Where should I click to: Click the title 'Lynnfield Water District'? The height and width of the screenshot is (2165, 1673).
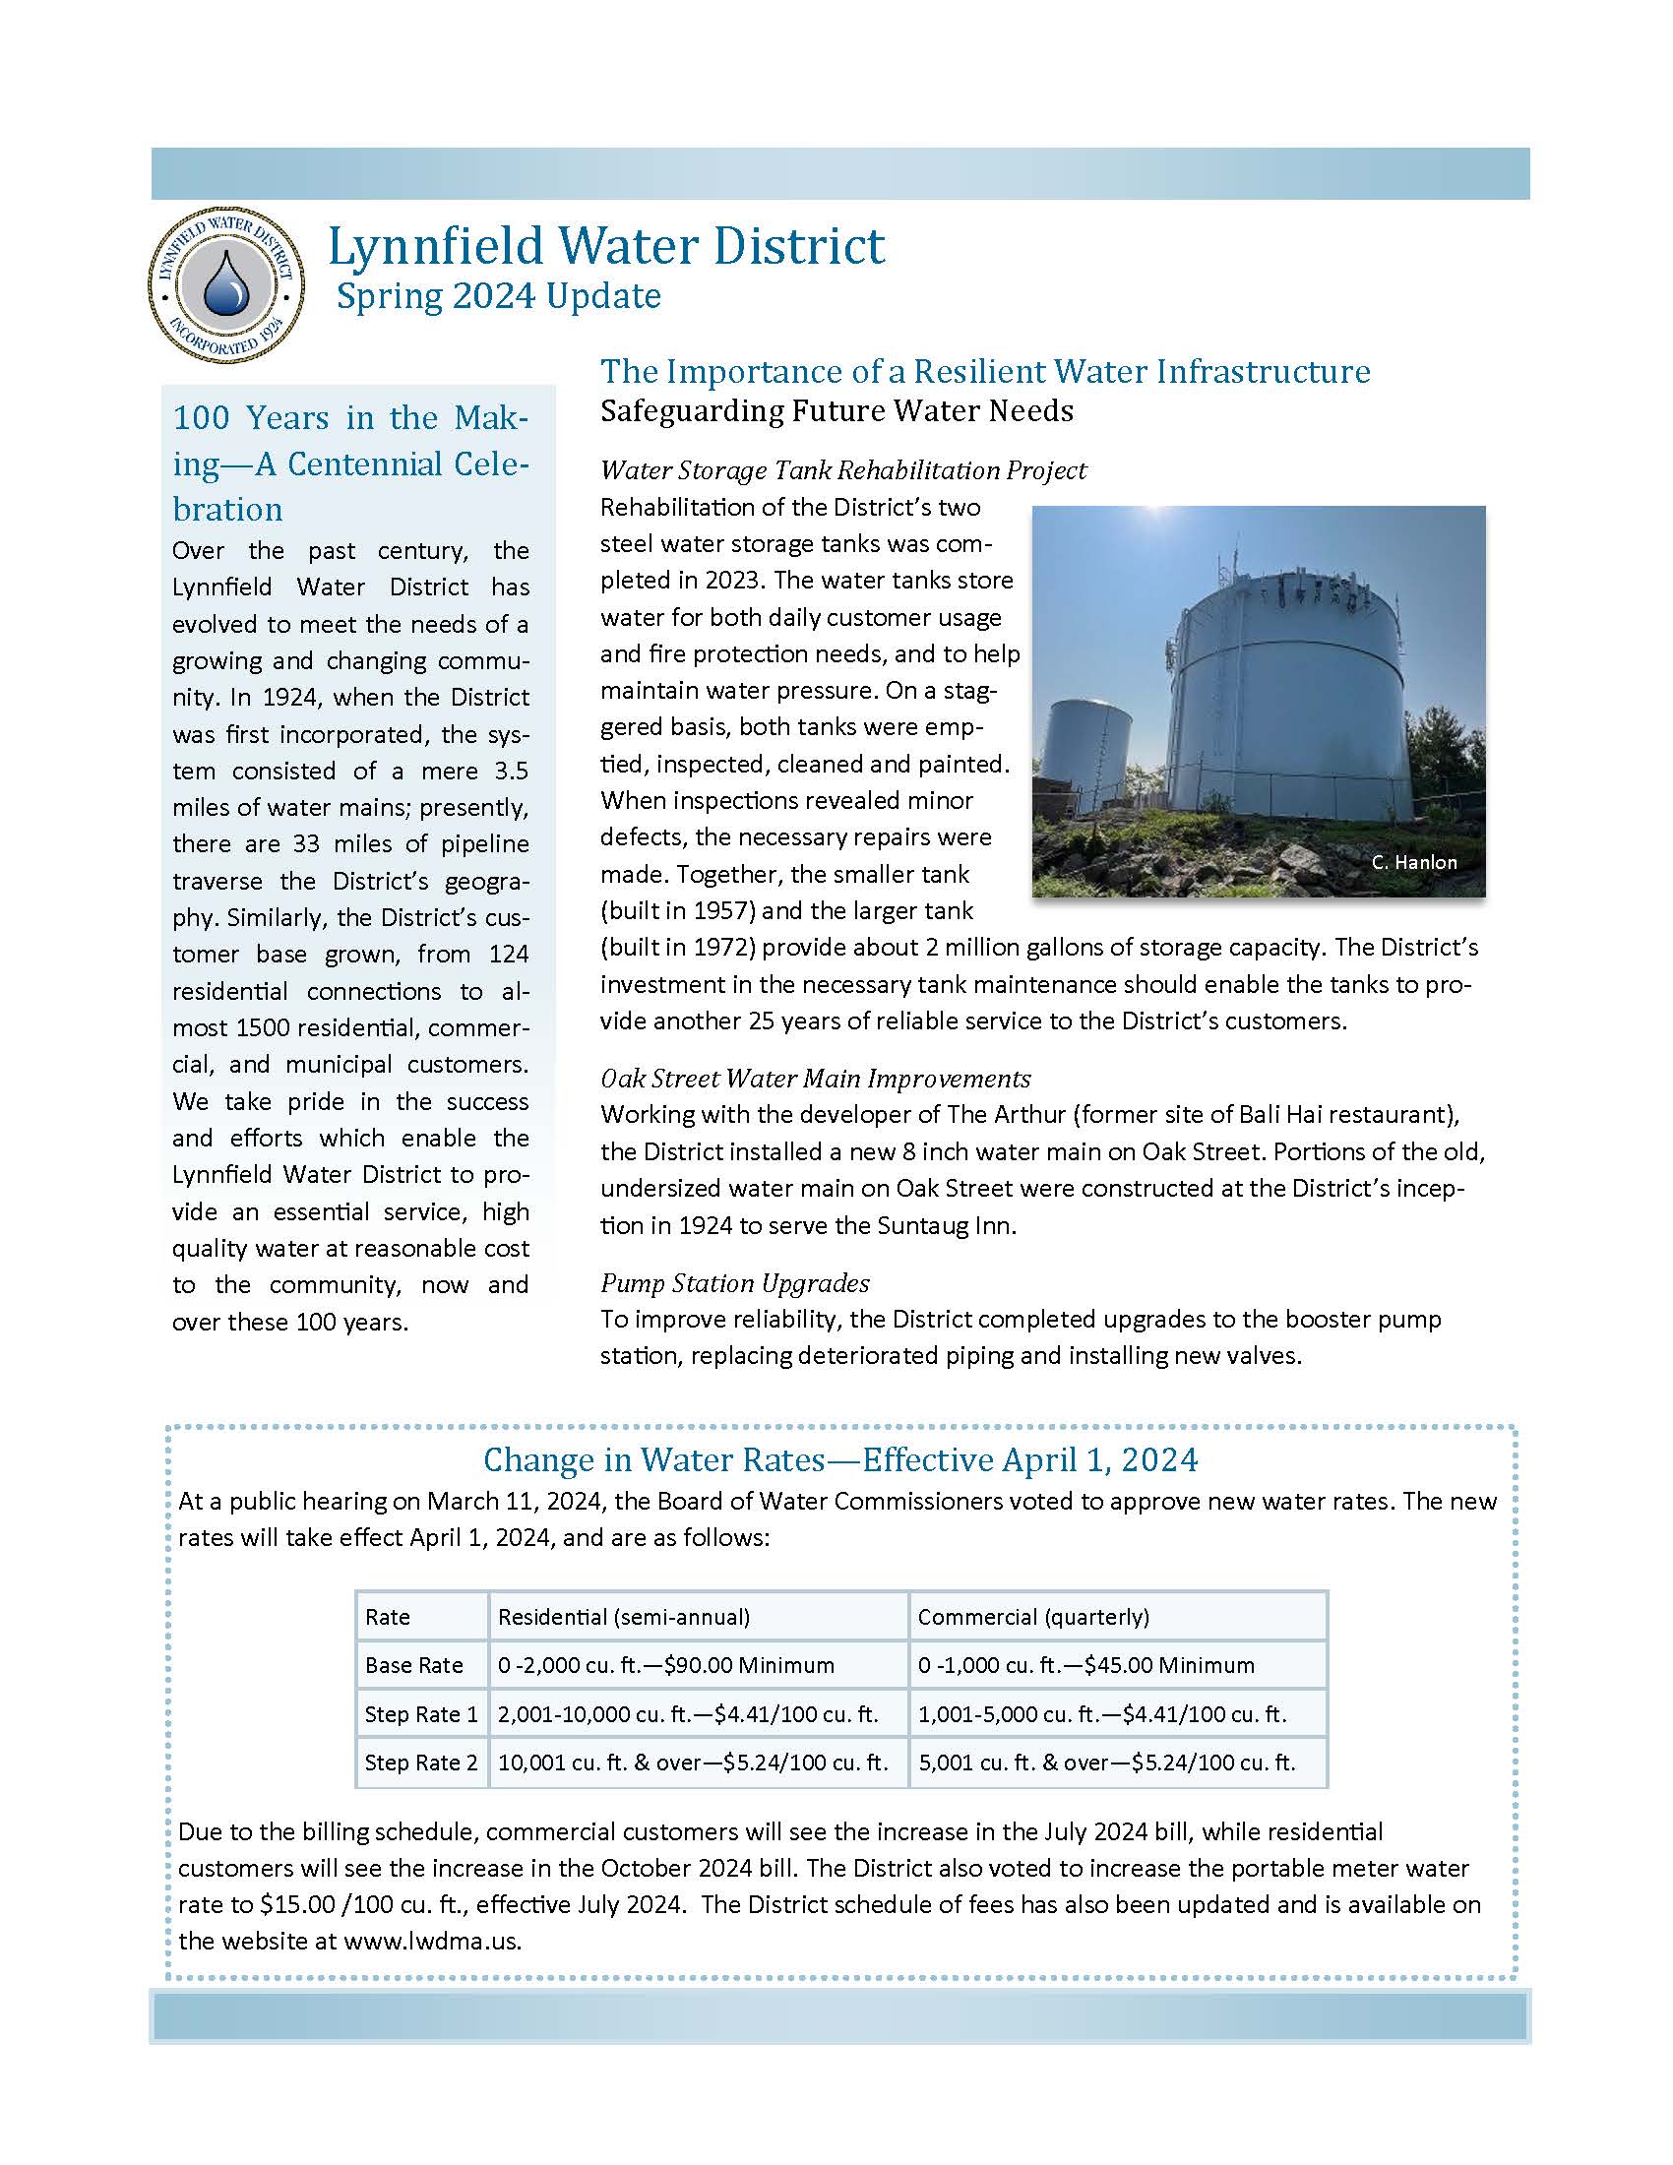[605, 247]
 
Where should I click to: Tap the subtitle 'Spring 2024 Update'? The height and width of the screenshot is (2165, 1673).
[499, 296]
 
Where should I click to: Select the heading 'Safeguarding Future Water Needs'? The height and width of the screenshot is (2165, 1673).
[836, 410]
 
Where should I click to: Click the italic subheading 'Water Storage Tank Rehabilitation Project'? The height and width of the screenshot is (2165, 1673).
[843, 469]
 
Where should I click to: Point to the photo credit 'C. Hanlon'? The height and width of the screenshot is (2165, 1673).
[1414, 862]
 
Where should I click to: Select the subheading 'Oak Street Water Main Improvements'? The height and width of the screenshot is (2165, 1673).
[816, 1079]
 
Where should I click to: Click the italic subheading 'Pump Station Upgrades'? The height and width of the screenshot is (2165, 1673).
[734, 1283]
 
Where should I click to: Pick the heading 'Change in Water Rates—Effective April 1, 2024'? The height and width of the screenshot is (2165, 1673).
[840, 1460]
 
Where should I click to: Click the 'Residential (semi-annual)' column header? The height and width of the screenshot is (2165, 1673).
[623, 1617]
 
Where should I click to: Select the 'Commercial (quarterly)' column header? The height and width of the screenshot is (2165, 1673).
[1032, 1617]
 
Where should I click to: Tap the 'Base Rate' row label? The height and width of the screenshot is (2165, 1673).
[414, 1665]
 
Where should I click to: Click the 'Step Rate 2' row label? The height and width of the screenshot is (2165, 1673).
[421, 1763]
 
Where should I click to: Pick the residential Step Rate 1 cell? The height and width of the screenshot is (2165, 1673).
[688, 1714]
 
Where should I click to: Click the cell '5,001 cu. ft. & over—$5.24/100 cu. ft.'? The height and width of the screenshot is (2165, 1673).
[1106, 1763]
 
